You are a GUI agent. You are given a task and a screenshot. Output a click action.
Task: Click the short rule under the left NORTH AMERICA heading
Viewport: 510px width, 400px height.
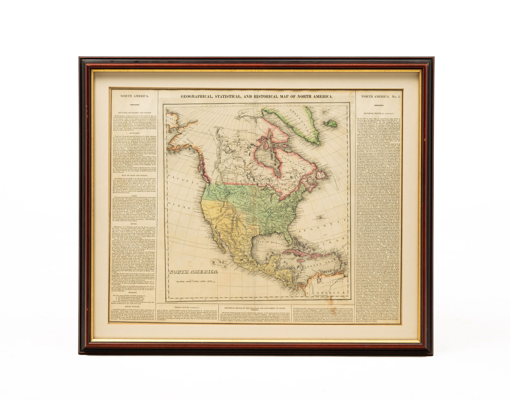click(134, 104)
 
